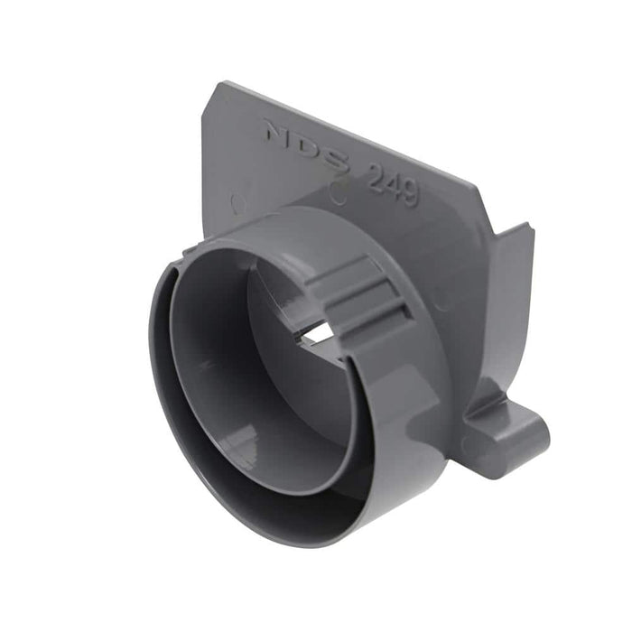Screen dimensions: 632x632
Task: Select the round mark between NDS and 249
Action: [338, 191]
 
